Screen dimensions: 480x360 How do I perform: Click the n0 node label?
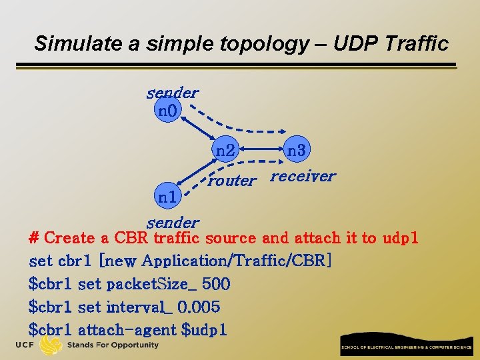pos(167,110)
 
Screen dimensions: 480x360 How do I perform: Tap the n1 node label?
pos(167,197)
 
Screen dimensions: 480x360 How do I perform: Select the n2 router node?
pos(225,151)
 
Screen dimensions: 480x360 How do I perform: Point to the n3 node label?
pos(295,151)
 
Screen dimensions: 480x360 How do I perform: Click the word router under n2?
pos(231,180)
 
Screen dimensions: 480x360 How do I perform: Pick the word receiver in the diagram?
pos(303,176)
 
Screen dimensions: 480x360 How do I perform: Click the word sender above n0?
pos(172,93)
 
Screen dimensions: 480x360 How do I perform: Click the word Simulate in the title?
pos(69,44)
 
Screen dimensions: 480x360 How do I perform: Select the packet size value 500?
pos(216,284)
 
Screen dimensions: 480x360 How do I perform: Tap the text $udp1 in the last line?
pos(204,329)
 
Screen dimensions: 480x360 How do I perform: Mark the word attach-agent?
pos(127,329)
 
